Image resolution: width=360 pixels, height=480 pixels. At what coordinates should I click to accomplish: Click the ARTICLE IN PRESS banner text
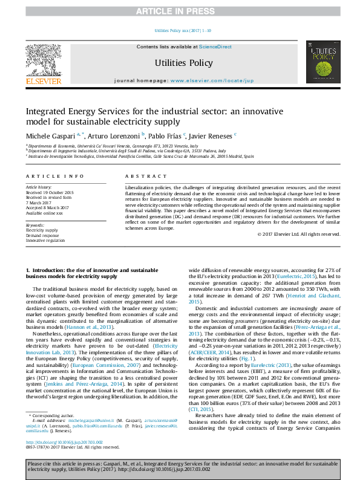point(180,11)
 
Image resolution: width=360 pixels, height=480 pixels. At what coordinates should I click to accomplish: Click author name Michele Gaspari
point(50,135)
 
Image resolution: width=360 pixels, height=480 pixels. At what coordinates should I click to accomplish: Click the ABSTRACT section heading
point(137,176)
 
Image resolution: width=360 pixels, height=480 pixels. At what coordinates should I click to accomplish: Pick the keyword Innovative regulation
point(45,240)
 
